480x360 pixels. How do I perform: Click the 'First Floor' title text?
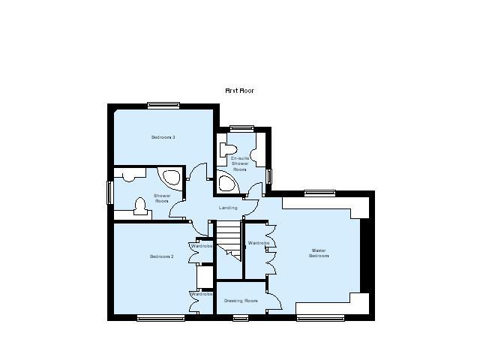pos(240,91)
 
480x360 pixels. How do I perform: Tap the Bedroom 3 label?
pos(163,137)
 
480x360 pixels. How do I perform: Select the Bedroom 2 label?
pos(161,256)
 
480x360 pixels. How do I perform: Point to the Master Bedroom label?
pos(319,253)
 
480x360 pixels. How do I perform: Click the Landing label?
pos(228,208)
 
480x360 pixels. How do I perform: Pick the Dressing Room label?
pos(240,301)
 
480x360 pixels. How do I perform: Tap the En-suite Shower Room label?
pos(239,163)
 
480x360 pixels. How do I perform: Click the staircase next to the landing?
pos(229,238)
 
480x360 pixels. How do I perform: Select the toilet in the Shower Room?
pos(140,205)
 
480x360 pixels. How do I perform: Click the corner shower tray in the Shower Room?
pos(170,178)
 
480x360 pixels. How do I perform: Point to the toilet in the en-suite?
pos(230,145)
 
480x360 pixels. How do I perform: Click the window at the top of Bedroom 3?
pos(162,105)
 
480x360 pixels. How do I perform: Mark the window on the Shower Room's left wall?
pos(109,192)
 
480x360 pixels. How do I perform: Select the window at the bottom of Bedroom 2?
pos(160,318)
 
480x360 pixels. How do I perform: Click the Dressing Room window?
pos(240,318)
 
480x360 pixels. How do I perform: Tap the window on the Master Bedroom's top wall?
pos(319,193)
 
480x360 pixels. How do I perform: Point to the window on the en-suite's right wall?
pos(269,175)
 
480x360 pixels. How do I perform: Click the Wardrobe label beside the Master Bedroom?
pos(258,243)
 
